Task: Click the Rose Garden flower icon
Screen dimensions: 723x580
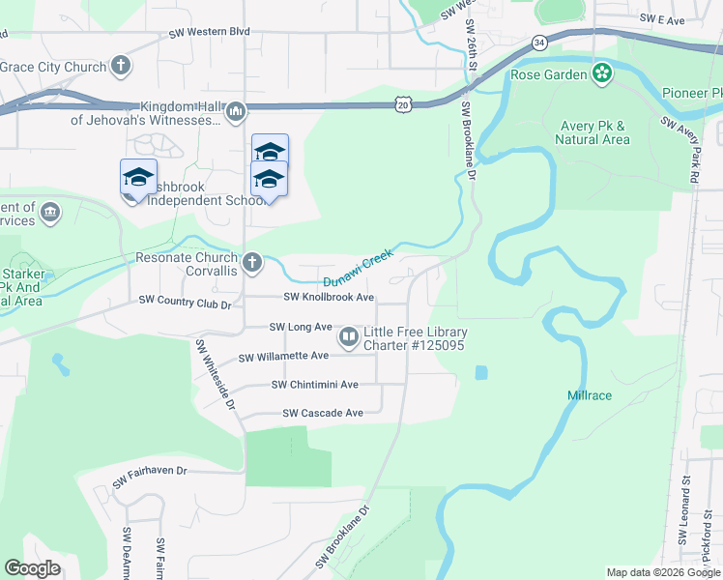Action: (x=602, y=74)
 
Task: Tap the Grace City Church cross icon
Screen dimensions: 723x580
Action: (x=120, y=67)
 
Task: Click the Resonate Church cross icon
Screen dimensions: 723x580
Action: (x=252, y=262)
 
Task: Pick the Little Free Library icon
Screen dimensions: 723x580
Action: (x=348, y=338)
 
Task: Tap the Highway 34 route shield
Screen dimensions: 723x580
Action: (x=539, y=43)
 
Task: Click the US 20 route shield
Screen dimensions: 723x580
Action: (x=404, y=102)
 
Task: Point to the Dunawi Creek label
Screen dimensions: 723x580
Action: (x=358, y=267)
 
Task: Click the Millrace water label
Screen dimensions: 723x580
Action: (x=590, y=395)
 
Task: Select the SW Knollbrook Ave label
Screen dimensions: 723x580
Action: (x=329, y=298)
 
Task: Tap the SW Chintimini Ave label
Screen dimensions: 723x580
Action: (x=315, y=384)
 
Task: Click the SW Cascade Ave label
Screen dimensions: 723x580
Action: (x=323, y=413)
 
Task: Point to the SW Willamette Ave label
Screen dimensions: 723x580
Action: (x=283, y=357)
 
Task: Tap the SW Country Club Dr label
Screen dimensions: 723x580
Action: (x=186, y=304)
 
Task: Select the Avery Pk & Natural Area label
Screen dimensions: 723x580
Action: (x=593, y=132)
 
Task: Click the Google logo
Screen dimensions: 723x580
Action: (x=33, y=568)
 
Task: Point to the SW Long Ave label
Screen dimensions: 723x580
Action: (x=301, y=327)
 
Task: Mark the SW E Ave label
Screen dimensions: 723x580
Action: (x=662, y=19)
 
